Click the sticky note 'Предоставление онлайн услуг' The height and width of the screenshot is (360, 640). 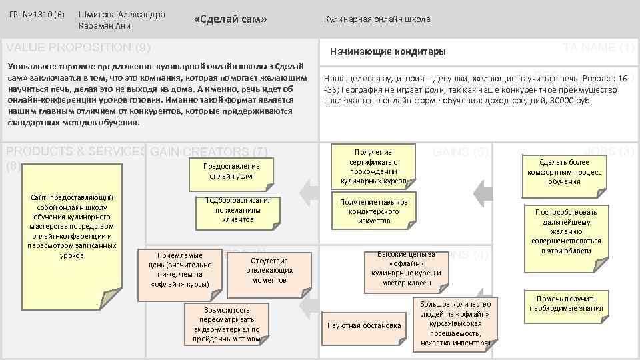pos(232,171)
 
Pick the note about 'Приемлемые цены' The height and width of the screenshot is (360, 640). pos(179,269)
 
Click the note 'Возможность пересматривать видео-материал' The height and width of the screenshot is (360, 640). pos(227,324)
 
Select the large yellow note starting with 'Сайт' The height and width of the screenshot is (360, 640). pos(71,227)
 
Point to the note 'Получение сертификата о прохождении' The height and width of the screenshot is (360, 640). pos(373,166)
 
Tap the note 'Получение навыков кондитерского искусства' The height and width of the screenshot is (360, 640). pos(374,211)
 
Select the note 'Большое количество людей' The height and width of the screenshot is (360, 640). pos(455,323)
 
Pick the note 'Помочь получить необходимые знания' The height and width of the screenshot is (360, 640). pos(566,303)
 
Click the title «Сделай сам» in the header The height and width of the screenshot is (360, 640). pos(230,19)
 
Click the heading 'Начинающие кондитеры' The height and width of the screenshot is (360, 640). pos(388,52)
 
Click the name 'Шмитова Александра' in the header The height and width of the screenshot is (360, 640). pos(122,14)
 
